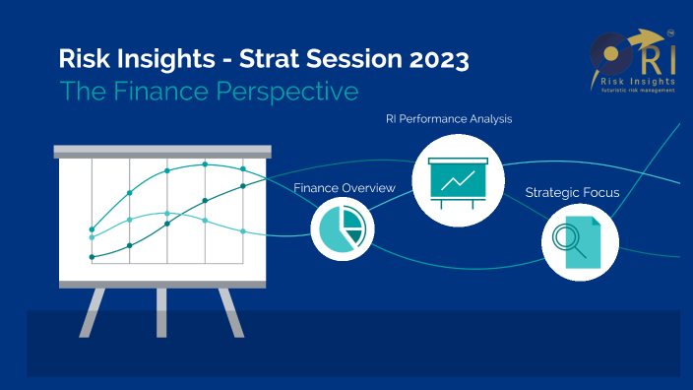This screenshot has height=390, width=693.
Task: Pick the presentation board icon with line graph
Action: point(450,178)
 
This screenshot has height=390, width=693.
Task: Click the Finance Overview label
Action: point(345,187)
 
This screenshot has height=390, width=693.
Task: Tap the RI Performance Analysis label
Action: point(449,119)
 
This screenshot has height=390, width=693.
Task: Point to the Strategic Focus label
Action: point(572,192)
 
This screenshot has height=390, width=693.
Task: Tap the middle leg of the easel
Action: point(161,309)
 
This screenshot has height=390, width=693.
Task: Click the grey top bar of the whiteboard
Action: point(161,152)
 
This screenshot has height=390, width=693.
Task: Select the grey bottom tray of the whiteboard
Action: point(161,284)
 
